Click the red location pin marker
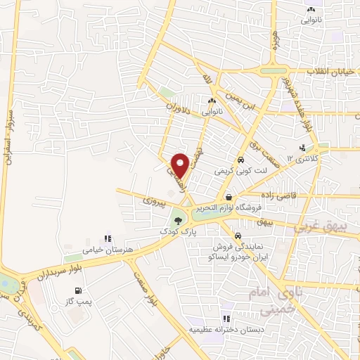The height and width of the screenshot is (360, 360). point(180,164)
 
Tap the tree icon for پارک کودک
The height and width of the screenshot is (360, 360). point(177,221)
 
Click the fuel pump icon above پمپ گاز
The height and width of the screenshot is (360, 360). point(77,290)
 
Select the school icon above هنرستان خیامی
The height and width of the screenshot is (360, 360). point(107,239)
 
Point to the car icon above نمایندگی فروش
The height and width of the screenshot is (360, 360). point(238,235)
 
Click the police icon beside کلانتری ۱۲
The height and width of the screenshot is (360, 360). point(302,148)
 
